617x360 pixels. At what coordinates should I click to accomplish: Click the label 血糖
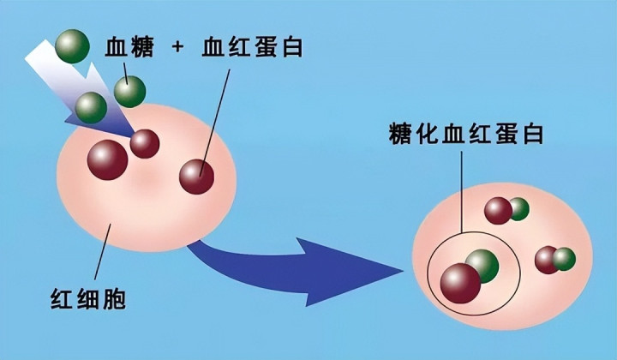click(x=129, y=48)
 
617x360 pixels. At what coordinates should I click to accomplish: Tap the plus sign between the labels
click(x=177, y=47)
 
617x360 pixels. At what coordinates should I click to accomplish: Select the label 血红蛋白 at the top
click(x=252, y=47)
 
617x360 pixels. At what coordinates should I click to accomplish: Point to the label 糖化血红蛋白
click(x=466, y=134)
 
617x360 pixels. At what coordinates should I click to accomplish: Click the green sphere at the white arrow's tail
click(x=72, y=46)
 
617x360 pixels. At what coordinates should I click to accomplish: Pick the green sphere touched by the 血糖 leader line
click(x=130, y=92)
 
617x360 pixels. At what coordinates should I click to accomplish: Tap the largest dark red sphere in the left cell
click(x=107, y=160)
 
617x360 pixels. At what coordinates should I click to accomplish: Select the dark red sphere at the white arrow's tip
click(x=145, y=144)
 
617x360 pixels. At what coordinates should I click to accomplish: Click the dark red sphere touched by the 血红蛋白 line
click(x=197, y=177)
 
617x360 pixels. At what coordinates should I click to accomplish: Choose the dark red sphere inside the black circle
click(x=460, y=283)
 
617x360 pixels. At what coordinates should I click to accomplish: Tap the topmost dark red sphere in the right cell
click(x=498, y=211)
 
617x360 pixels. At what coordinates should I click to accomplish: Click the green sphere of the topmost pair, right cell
click(x=519, y=209)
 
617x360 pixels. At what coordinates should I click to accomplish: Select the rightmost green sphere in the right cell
click(x=564, y=259)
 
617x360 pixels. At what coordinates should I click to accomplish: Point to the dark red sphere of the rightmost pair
click(x=546, y=260)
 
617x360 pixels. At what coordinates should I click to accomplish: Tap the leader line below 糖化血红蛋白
click(x=462, y=192)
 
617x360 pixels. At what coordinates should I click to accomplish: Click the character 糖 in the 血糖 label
click(x=141, y=48)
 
